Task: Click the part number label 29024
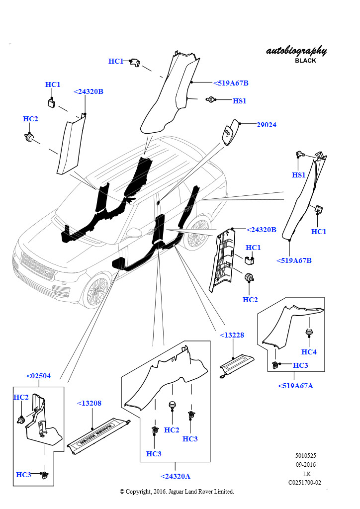pyautogui.click(x=266, y=125)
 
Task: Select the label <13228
pyautogui.click(x=232, y=335)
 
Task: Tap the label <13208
pyautogui.click(x=89, y=403)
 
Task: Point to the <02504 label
pyautogui.click(x=38, y=376)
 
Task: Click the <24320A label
pyautogui.click(x=176, y=476)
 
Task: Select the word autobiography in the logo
pyautogui.click(x=296, y=51)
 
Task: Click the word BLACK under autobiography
pyautogui.click(x=305, y=61)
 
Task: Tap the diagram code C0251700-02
pyautogui.click(x=304, y=482)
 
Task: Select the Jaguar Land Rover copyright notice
pyautogui.click(x=177, y=492)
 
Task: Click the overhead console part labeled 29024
pyautogui.click(x=230, y=132)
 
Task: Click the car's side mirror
pyautogui.click(x=135, y=232)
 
